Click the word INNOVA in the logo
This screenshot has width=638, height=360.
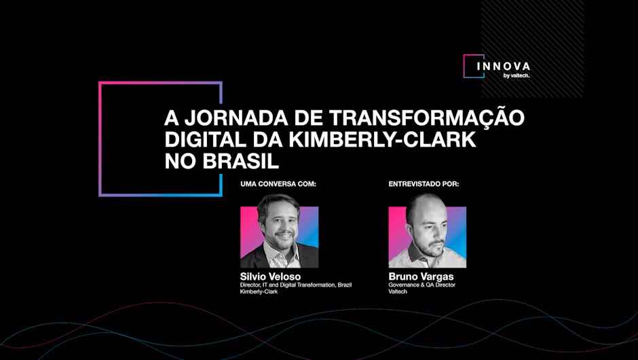pyautogui.click(x=504, y=67)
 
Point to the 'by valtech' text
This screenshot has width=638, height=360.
pyautogui.click(x=517, y=75)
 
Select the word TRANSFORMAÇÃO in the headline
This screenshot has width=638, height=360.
pyautogui.click(x=427, y=117)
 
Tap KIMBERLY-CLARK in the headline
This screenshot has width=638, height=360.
pyautogui.click(x=383, y=140)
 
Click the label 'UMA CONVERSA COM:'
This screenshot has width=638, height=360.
pyautogui.click(x=278, y=184)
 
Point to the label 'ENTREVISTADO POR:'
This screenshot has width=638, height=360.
pyautogui.click(x=424, y=184)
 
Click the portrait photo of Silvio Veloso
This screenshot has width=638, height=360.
pyautogui.click(x=280, y=231)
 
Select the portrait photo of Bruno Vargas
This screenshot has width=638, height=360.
pyautogui.click(x=427, y=231)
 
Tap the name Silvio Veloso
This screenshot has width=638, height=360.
pyautogui.click(x=271, y=277)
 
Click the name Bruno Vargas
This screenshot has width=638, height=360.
pyautogui.click(x=421, y=277)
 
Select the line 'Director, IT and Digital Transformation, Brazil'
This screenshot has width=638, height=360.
pyautogui.click(x=296, y=285)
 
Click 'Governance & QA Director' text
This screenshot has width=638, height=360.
pyautogui.click(x=422, y=285)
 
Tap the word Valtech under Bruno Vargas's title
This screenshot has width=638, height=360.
pyautogui.click(x=398, y=291)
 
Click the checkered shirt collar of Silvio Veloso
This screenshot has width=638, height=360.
pyautogui.click(x=281, y=255)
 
